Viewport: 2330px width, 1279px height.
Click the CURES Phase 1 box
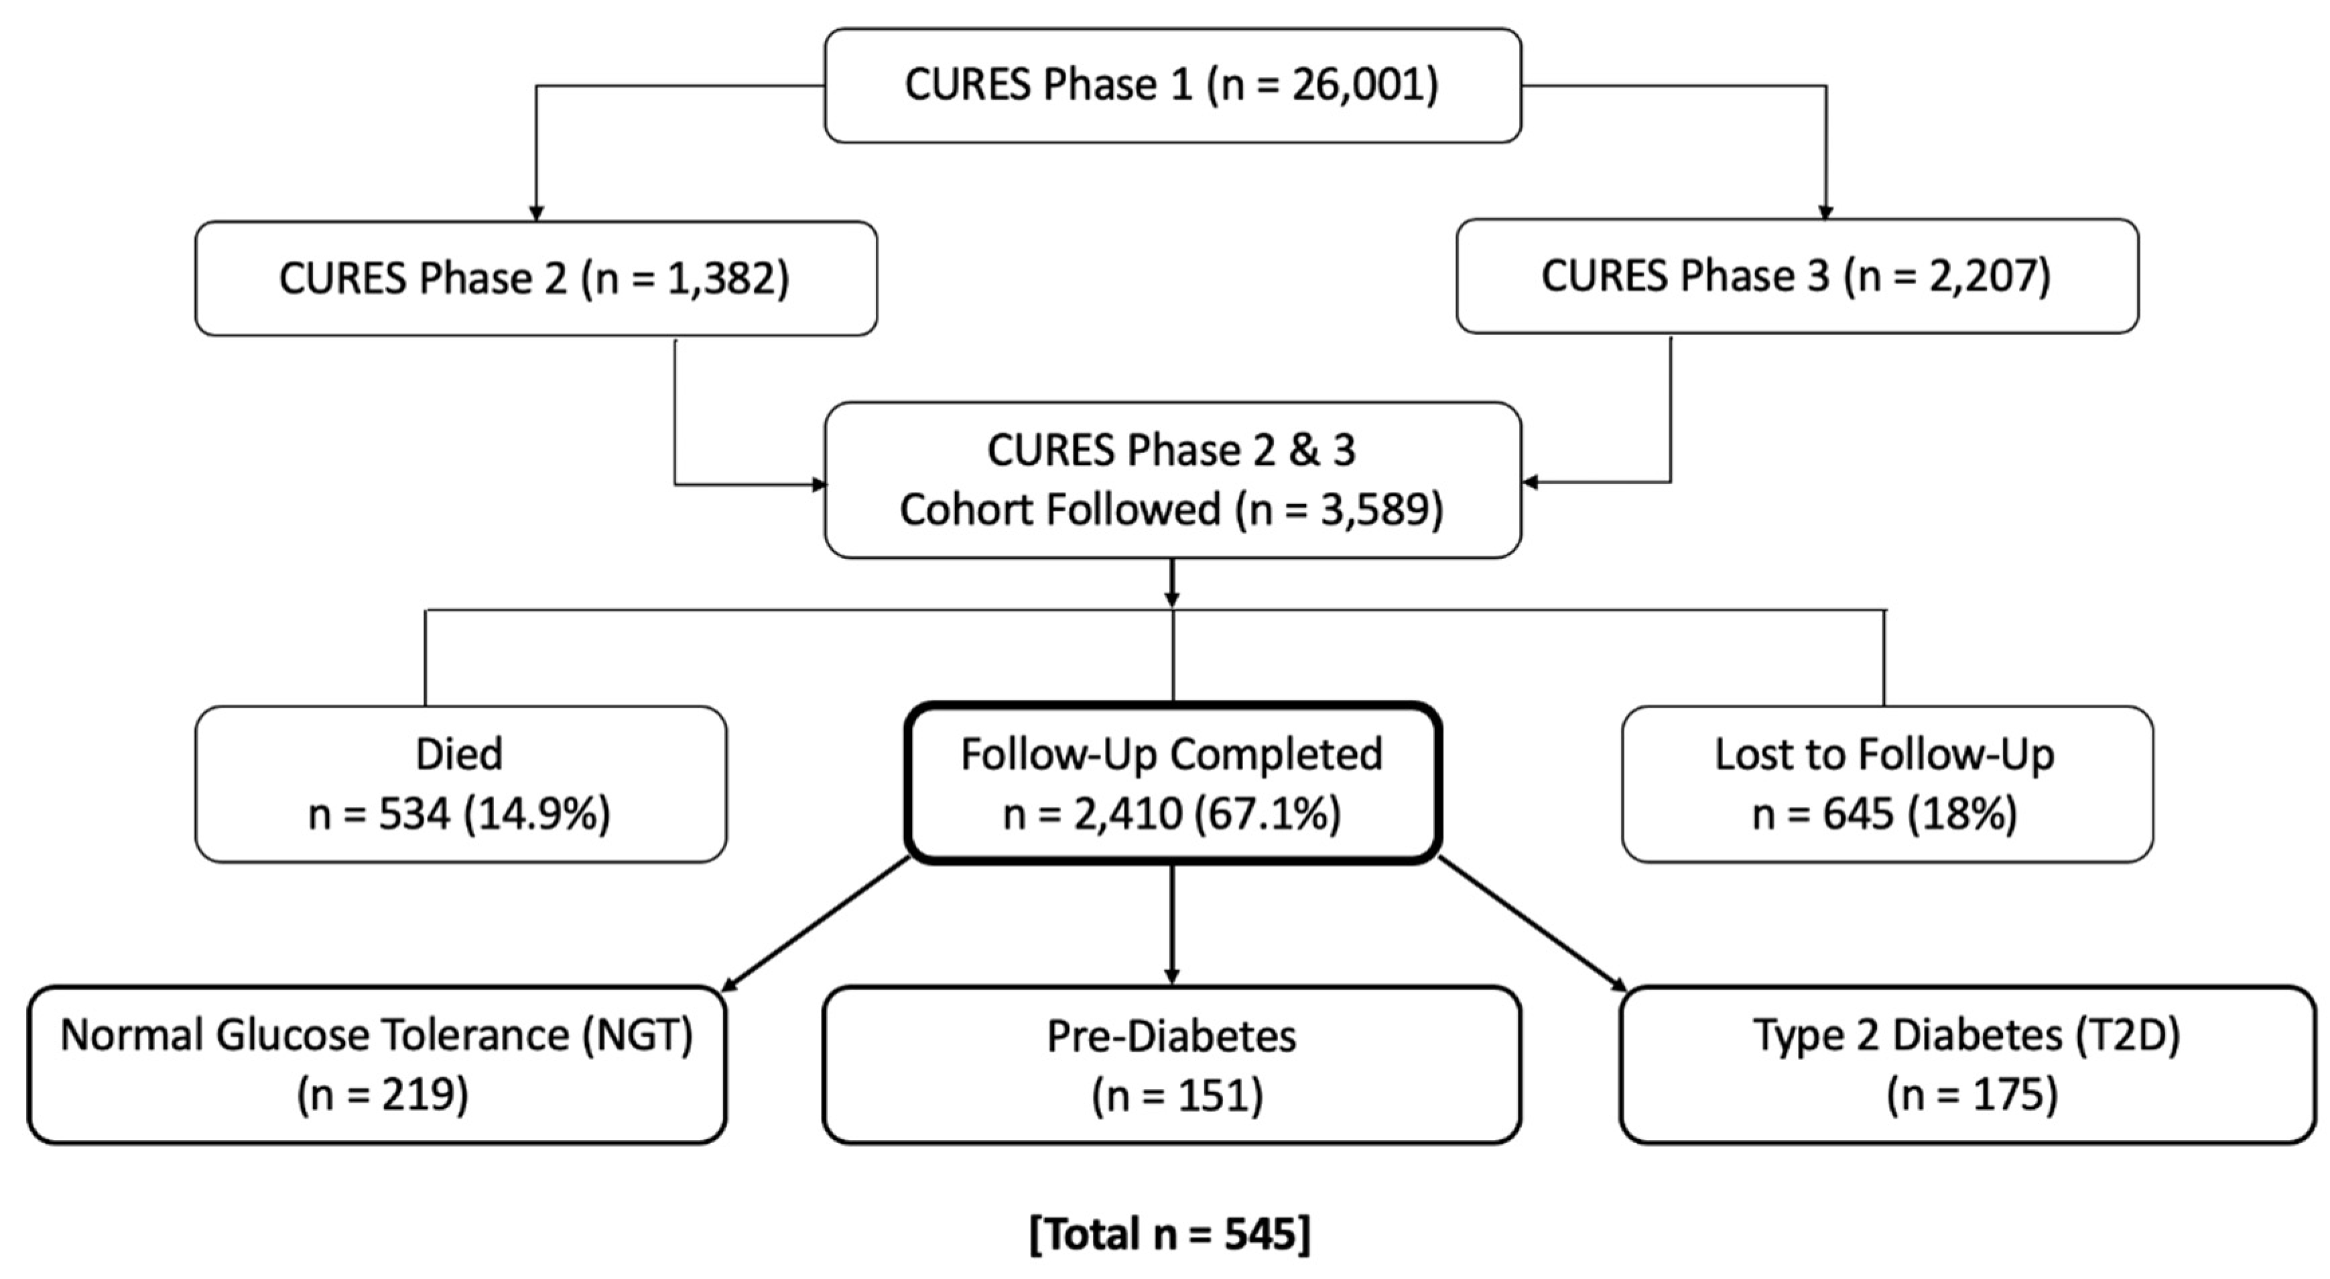[1172, 85]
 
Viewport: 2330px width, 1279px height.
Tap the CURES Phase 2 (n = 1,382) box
[535, 279]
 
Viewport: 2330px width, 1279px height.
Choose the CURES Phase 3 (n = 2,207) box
[1797, 277]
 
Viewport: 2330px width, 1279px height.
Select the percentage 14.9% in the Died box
[537, 814]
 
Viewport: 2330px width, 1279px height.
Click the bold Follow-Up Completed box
[1172, 784]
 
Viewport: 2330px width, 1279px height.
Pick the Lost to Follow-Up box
[1887, 784]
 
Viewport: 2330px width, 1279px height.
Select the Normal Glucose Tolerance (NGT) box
[377, 1064]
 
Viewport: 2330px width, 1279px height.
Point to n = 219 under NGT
[383, 1095]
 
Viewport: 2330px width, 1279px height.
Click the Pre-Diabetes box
[1171, 1064]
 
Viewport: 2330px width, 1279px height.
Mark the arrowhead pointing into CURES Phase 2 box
[535, 213]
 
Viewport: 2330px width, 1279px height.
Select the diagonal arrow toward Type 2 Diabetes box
[1533, 924]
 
